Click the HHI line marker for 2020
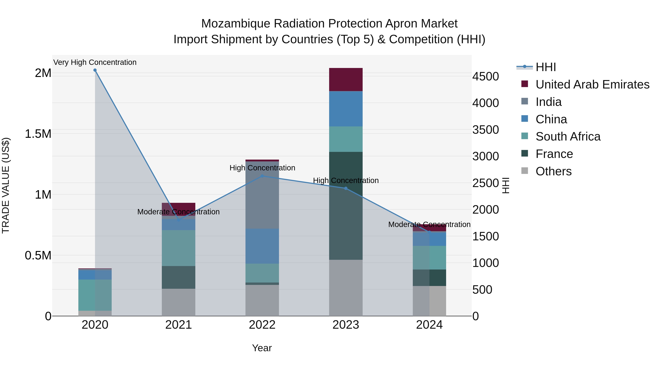[95, 70]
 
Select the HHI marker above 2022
[262, 176]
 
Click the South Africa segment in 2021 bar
[178, 248]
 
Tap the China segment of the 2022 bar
[262, 246]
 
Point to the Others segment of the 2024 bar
[429, 301]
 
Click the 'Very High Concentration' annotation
[95, 62]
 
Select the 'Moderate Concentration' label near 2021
[178, 212]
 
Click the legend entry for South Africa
[568, 136]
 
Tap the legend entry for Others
[553, 171]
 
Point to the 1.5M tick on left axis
[38, 134]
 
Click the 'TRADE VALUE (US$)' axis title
[6, 185]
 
